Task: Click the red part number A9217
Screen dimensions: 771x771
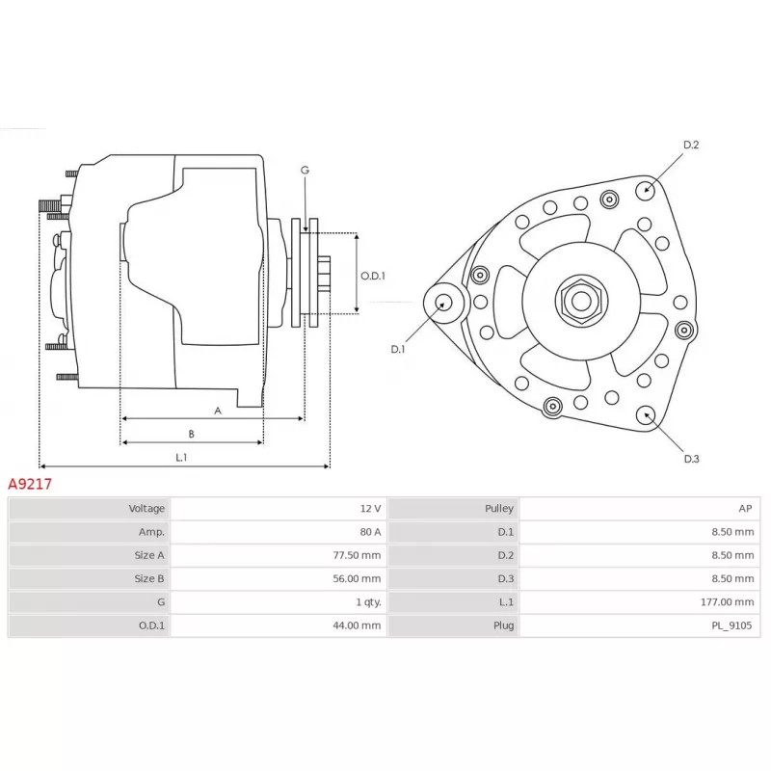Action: (x=30, y=485)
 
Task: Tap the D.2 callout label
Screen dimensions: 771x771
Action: (x=690, y=146)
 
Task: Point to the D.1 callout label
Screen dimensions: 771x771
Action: (x=398, y=349)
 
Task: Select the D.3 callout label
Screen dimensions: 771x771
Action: (x=691, y=459)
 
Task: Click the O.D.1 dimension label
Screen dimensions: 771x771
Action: (x=373, y=276)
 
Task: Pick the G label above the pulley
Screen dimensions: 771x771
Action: (x=305, y=171)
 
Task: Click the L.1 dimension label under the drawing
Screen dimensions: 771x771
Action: (x=181, y=457)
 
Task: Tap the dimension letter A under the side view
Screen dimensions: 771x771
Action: (x=218, y=411)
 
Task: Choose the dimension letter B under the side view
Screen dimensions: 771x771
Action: (x=191, y=434)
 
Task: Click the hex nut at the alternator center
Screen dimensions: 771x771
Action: (x=581, y=301)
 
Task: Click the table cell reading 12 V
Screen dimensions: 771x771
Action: (x=370, y=508)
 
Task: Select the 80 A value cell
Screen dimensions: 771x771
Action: (x=370, y=532)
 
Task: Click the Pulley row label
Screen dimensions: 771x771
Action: (x=499, y=508)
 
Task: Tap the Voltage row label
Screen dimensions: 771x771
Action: (x=146, y=508)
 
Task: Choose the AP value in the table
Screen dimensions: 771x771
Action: (x=745, y=508)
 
